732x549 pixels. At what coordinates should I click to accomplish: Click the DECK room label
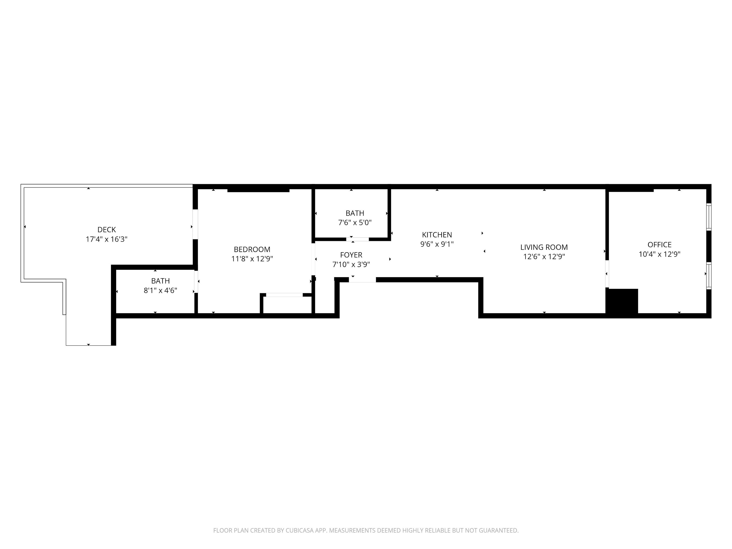click(x=107, y=230)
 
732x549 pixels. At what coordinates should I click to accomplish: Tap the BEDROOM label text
click(x=252, y=249)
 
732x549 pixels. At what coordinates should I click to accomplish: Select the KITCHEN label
click(x=437, y=235)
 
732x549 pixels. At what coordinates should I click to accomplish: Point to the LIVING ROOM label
click(x=544, y=247)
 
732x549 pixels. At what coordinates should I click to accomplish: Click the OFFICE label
click(x=660, y=245)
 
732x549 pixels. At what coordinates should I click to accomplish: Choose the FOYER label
click(x=351, y=255)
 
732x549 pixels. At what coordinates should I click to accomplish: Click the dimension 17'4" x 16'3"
click(x=107, y=239)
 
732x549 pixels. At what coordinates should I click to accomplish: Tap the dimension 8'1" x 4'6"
click(x=161, y=290)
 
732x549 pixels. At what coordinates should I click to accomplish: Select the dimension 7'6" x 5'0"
click(x=355, y=223)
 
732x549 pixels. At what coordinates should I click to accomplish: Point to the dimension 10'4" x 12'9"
click(x=660, y=254)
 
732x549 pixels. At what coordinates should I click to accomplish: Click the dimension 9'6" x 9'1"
click(x=437, y=244)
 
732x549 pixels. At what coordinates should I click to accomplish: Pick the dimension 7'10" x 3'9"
click(x=351, y=265)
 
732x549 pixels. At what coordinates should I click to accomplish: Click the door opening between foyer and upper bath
click(x=357, y=239)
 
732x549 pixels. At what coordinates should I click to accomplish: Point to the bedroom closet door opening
click(x=284, y=295)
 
